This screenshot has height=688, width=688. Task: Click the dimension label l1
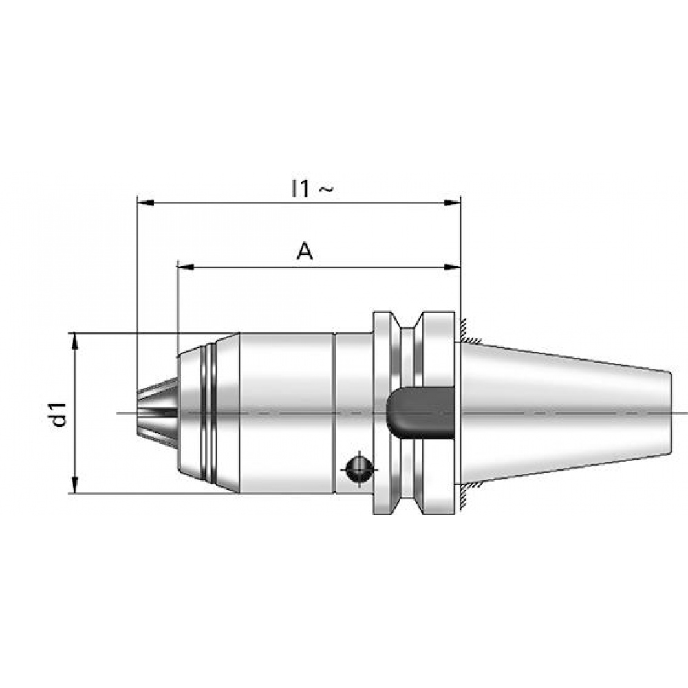(301, 189)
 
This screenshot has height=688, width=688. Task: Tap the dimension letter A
(305, 252)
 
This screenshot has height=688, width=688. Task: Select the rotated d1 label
(58, 414)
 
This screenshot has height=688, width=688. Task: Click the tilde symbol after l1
(325, 189)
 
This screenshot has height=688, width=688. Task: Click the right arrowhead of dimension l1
(452, 203)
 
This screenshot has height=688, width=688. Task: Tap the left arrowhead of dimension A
(186, 267)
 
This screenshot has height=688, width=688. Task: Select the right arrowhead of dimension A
(452, 267)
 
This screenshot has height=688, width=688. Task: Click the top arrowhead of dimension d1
(74, 341)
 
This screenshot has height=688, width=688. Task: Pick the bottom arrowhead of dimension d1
(74, 484)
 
